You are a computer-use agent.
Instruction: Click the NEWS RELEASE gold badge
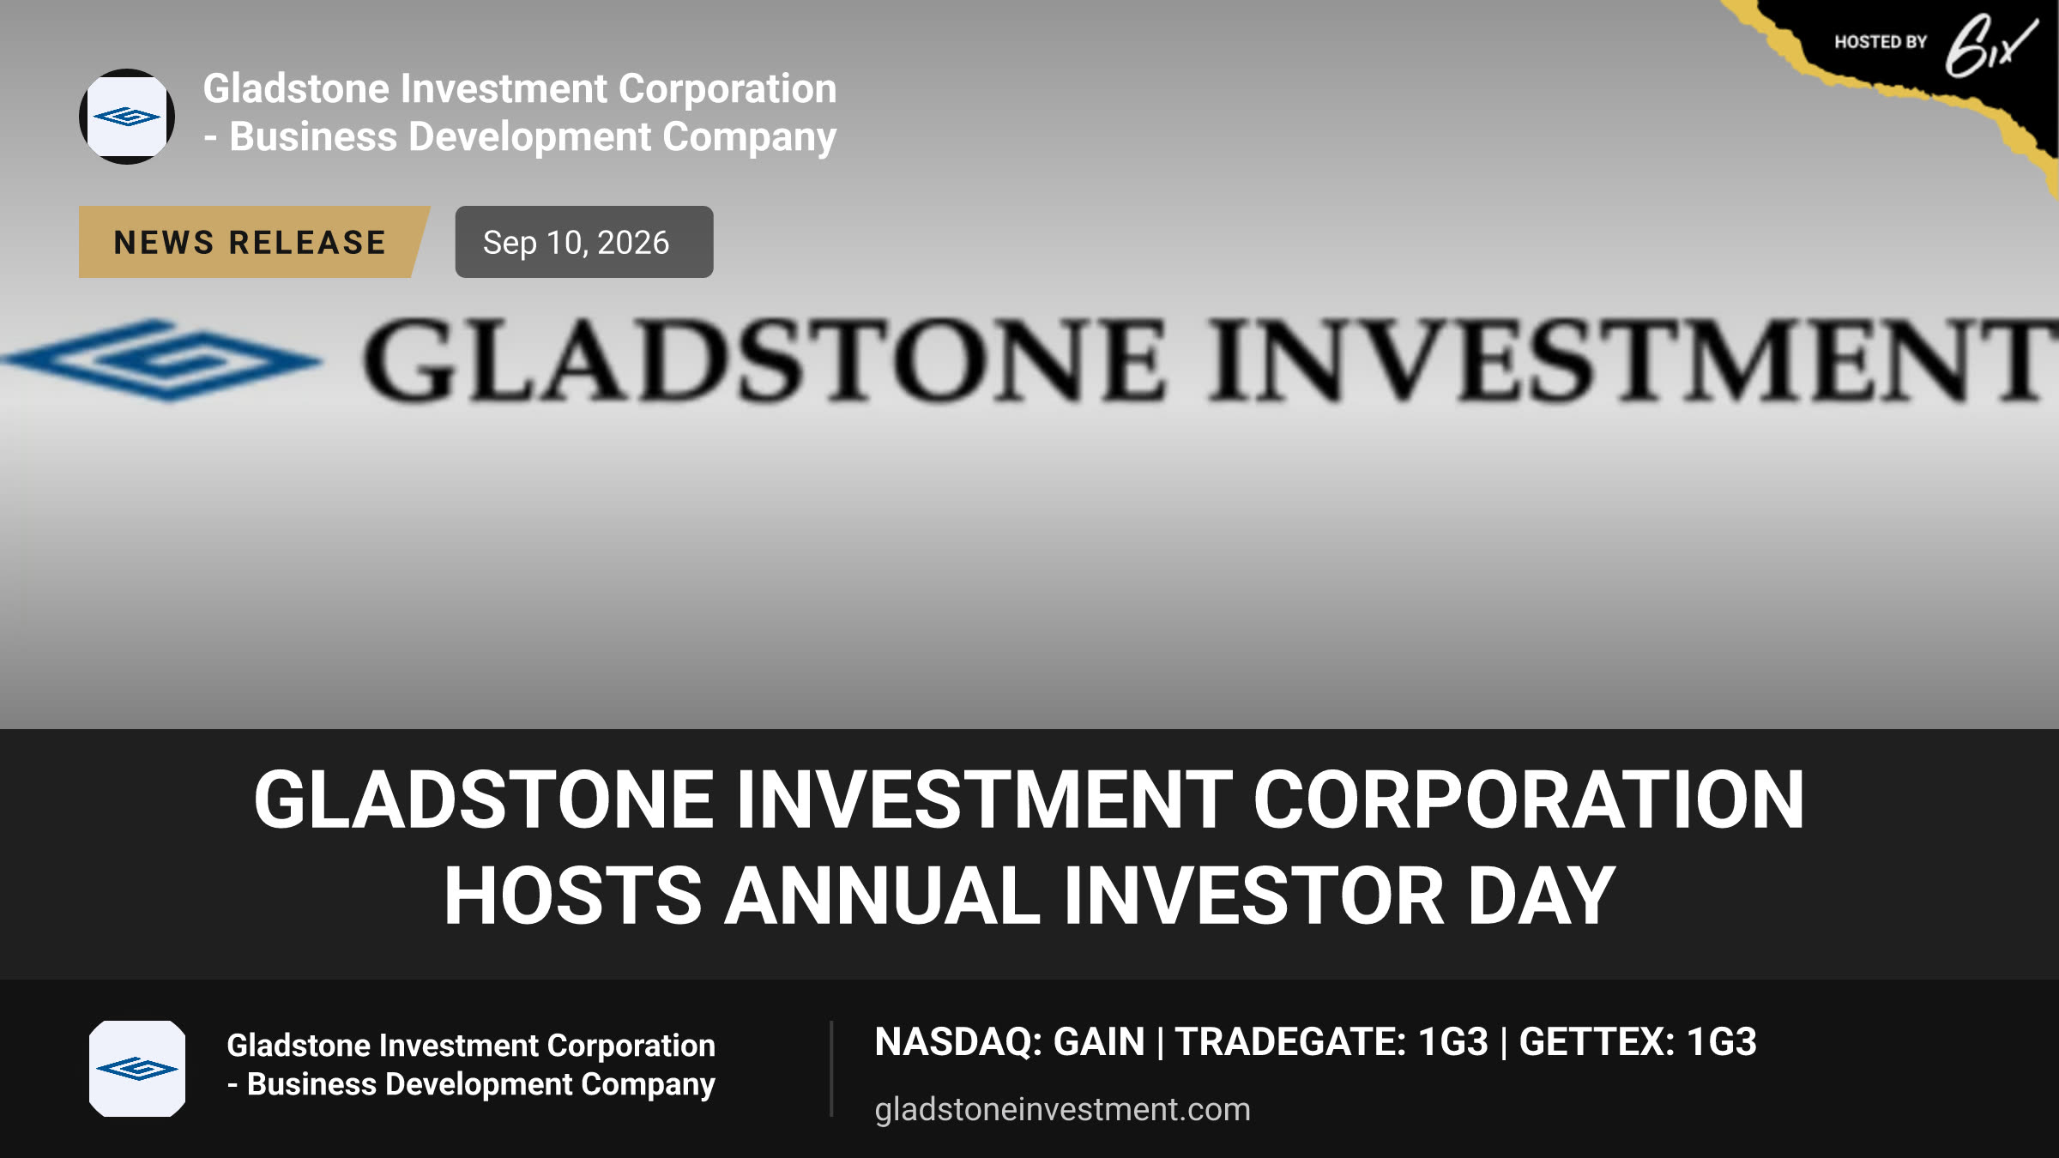(253, 242)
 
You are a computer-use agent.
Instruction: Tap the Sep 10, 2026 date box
(584, 242)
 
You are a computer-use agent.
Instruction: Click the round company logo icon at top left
(127, 117)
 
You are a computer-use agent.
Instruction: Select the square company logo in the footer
(137, 1069)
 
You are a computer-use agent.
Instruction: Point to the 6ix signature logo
(1990, 46)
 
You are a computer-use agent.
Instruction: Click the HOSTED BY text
(1881, 42)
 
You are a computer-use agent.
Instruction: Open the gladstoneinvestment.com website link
(1062, 1109)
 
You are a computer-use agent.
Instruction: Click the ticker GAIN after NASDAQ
(1099, 1042)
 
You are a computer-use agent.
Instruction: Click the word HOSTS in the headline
(573, 896)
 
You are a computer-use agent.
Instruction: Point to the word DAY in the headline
(1542, 896)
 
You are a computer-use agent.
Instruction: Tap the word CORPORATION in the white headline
(1530, 799)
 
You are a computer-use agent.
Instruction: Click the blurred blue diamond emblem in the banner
(163, 360)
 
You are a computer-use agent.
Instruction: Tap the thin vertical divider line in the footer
(831, 1069)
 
